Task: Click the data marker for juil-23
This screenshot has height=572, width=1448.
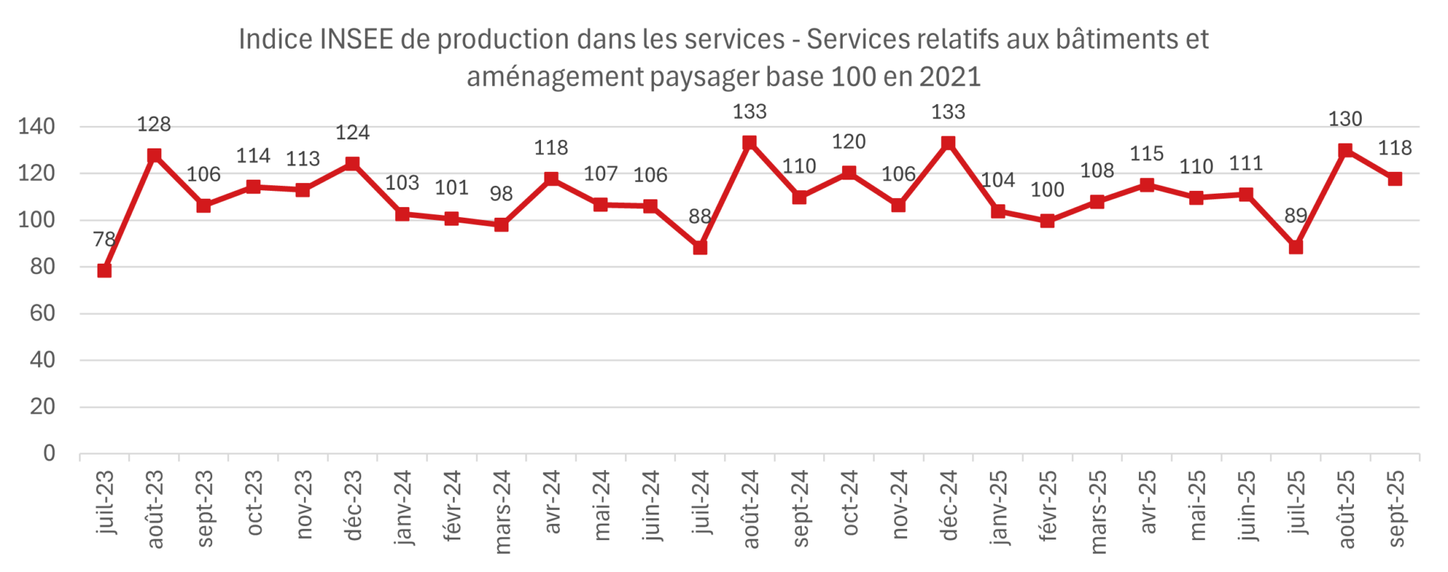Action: [105, 270]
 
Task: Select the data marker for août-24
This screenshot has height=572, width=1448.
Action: [749, 143]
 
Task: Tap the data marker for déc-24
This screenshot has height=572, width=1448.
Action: [948, 143]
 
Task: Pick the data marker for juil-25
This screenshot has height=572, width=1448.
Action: [1296, 247]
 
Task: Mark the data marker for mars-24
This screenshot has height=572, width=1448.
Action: [501, 225]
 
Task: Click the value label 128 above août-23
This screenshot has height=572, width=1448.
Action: [153, 124]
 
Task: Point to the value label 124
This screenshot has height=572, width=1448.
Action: [352, 132]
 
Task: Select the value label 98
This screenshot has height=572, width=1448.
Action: [501, 194]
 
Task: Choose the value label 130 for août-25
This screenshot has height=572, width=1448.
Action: [1345, 119]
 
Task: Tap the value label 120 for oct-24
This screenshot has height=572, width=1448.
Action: [848, 142]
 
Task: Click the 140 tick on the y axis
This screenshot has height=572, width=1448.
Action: [37, 127]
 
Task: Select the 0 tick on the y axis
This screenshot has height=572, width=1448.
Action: [49, 453]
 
